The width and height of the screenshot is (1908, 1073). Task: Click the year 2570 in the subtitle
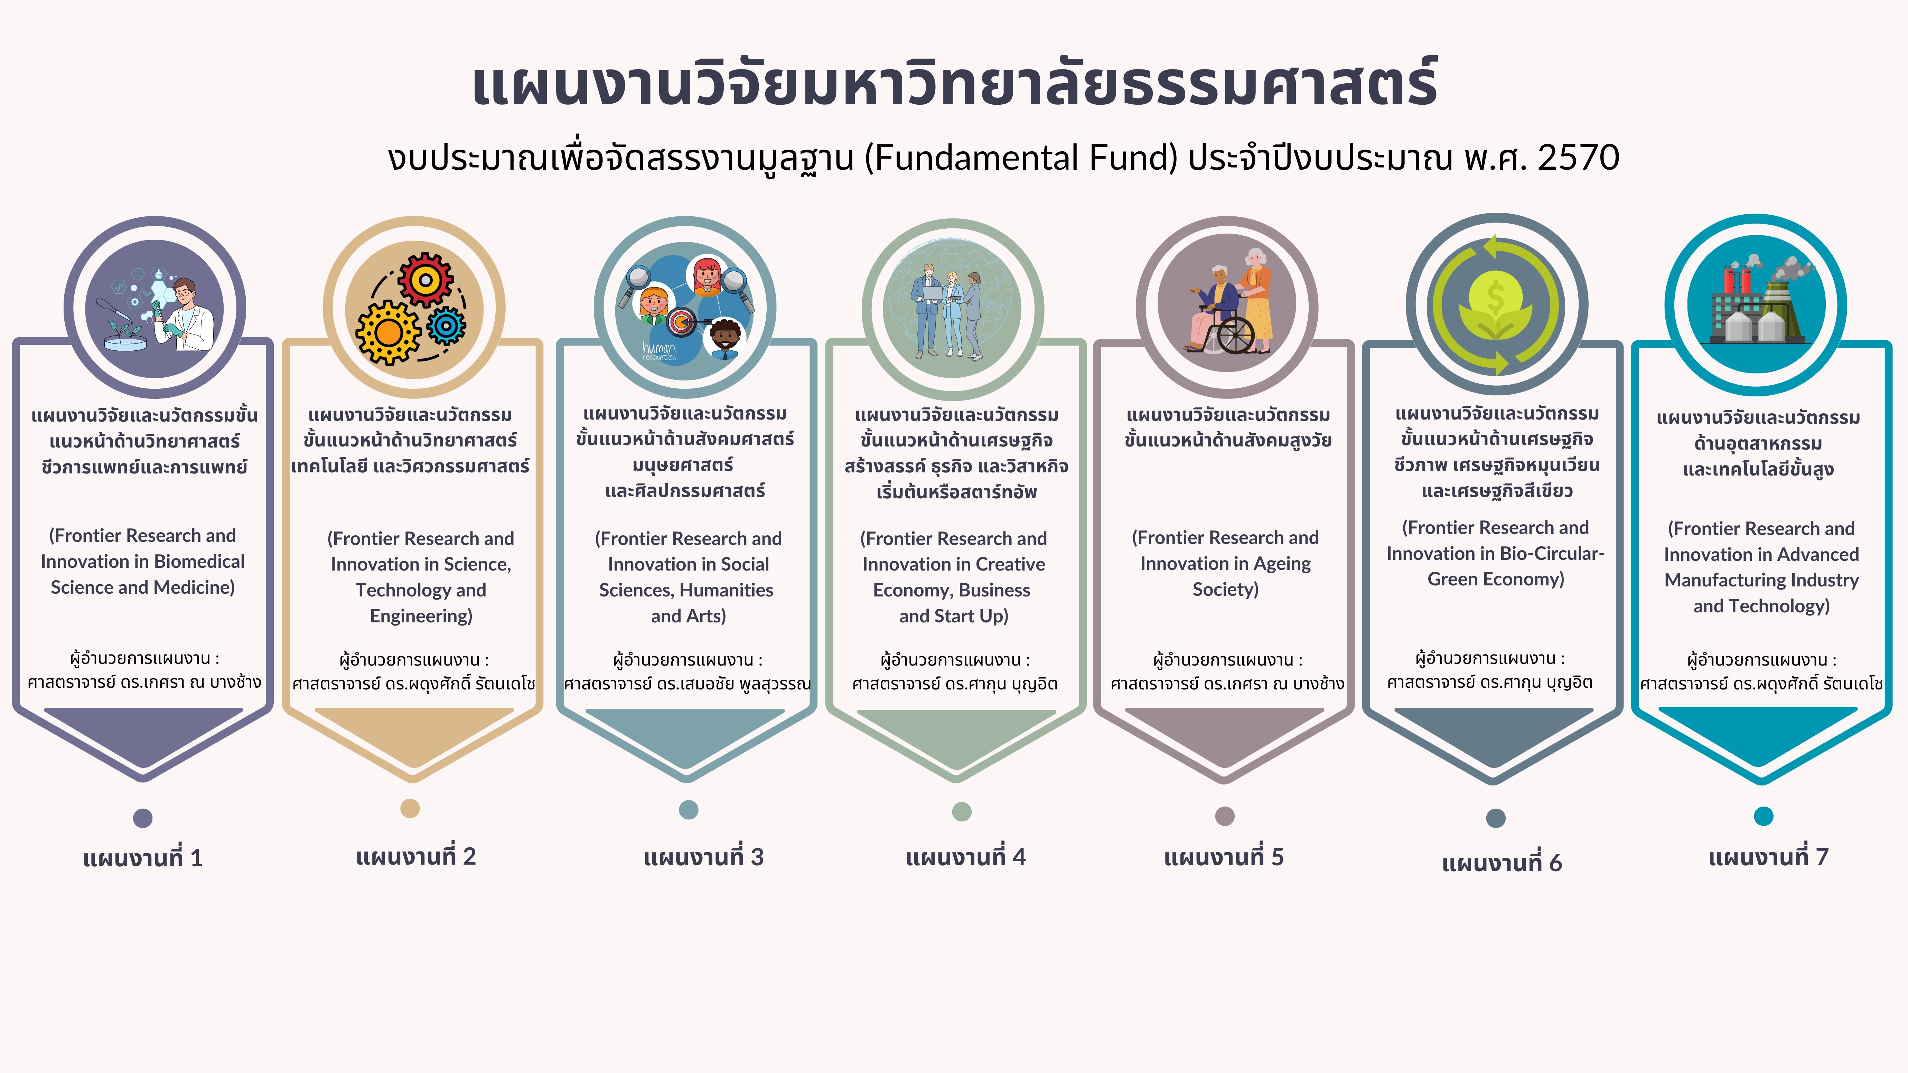[1578, 158]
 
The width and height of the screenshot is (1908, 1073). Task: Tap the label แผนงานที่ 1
[143, 858]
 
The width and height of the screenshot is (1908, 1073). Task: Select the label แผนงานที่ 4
[966, 857]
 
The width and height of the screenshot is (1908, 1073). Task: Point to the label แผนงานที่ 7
[1769, 857]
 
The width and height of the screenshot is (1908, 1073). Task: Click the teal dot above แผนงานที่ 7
[1764, 816]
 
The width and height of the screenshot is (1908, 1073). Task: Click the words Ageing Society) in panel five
[1226, 576]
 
